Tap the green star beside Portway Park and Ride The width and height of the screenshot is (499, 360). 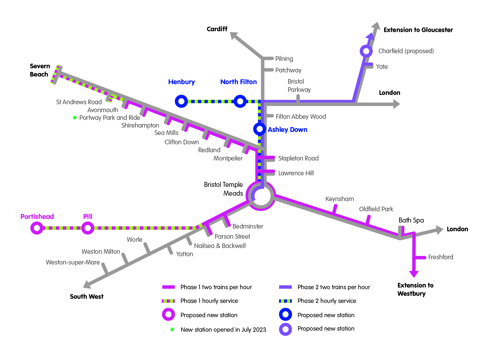point(75,118)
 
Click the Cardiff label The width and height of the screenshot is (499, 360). point(217,29)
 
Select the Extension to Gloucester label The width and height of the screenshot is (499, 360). point(418,30)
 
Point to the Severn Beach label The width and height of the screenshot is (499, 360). point(40,70)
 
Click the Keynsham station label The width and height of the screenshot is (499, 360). point(339,199)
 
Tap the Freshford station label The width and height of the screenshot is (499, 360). point(441,257)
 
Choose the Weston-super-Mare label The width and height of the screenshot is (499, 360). point(73,262)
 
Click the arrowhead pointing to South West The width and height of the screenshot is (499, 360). point(87,285)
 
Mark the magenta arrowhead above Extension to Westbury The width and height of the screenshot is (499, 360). point(414,274)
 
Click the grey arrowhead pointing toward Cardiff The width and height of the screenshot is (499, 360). point(234,36)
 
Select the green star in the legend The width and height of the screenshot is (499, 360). point(172,329)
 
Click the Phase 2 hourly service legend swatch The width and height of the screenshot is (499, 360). point(285,301)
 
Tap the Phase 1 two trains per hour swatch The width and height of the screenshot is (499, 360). point(168,287)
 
